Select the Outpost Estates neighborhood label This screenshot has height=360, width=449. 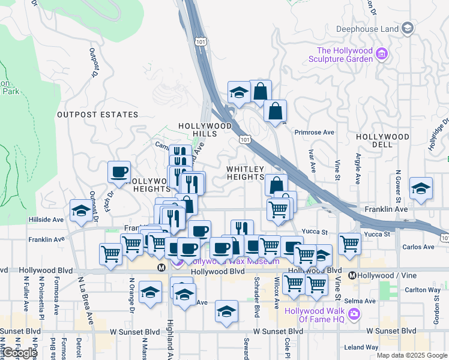(97, 114)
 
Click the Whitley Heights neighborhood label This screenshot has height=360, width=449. (246, 173)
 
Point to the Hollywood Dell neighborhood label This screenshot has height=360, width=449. (382, 141)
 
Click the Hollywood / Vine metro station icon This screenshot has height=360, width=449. (353, 275)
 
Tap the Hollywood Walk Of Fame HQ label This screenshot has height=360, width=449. (315, 315)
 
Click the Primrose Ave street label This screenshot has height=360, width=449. (314, 132)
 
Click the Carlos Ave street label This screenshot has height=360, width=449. (418, 247)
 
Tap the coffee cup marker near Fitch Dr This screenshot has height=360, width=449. (119, 172)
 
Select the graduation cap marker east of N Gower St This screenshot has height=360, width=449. (421, 188)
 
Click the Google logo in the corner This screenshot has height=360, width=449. (19, 353)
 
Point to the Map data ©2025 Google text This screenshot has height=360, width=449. (412, 355)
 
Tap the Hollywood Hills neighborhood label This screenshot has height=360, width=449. (205, 130)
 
